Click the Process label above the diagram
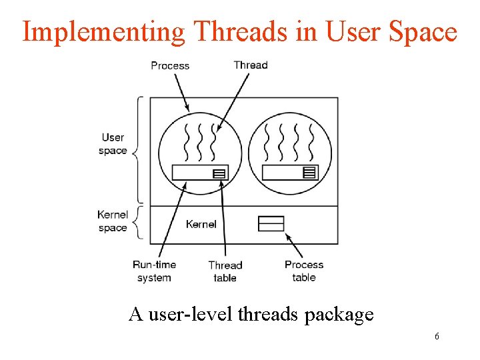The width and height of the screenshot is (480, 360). coord(170,65)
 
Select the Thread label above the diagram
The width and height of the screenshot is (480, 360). coord(251,65)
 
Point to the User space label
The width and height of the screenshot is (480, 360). coord(113,144)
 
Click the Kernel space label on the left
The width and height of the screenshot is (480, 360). coord(113,221)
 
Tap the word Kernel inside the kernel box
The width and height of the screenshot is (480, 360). coord(201,224)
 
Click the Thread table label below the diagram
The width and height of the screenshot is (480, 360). coord(225,271)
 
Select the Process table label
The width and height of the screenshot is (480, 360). coord(303,271)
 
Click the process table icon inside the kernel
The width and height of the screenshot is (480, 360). coord(271,223)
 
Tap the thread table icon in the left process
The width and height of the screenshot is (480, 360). coord(219,173)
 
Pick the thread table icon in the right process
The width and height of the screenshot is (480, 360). coord(309,172)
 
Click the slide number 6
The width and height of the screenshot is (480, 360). coord(437,337)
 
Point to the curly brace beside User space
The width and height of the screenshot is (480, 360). coord(139,151)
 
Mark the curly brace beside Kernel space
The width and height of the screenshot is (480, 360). coord(139,222)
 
